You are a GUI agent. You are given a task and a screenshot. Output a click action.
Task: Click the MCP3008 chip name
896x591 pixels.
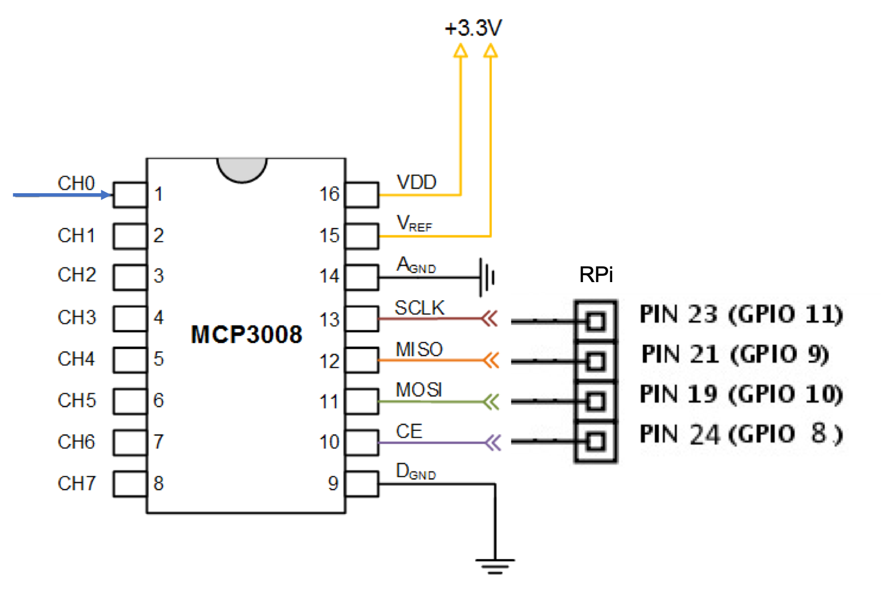[246, 335]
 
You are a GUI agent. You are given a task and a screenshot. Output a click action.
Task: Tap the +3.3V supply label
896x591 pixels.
[473, 28]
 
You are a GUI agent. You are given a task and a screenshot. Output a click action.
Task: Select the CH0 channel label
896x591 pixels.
[76, 184]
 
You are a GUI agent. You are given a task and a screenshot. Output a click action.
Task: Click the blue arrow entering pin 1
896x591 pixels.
[63, 195]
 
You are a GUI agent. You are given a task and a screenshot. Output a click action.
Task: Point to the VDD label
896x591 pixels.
[417, 182]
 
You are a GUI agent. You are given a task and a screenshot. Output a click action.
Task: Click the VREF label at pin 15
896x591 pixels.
[414, 223]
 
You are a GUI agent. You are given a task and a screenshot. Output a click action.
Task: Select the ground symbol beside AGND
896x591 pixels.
[487, 278]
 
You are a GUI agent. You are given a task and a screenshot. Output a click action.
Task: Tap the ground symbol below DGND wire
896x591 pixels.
[495, 565]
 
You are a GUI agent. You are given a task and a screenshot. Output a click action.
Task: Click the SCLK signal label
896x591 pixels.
[419, 308]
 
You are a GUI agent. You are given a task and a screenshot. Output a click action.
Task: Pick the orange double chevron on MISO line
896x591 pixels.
[490, 360]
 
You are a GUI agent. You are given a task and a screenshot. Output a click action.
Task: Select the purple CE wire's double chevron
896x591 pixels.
[492, 442]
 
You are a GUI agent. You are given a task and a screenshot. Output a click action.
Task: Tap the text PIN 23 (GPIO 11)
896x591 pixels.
[741, 315]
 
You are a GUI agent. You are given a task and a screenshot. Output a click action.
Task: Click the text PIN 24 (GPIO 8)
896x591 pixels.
[741, 434]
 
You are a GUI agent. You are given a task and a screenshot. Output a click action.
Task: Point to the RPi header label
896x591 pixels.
[596, 275]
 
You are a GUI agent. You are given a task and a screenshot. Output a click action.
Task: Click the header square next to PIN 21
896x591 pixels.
[596, 361]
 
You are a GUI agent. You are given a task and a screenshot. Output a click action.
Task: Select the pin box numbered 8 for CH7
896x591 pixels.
[130, 484]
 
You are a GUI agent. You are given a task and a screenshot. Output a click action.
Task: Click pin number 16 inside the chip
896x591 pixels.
[329, 194]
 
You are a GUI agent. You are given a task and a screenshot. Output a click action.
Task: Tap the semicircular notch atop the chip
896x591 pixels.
[242, 169]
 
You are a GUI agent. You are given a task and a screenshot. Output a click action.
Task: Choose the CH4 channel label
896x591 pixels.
[76, 359]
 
